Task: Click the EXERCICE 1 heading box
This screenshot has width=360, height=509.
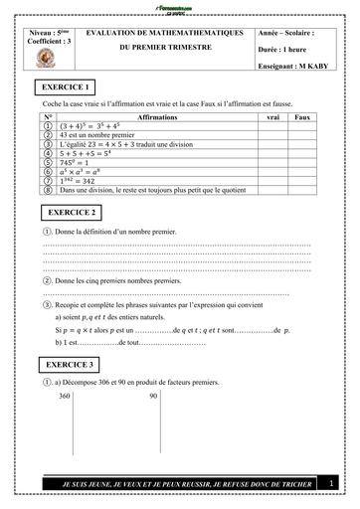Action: coord(67,87)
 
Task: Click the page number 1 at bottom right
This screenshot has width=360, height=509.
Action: coord(331,483)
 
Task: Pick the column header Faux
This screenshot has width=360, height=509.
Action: coord(303,117)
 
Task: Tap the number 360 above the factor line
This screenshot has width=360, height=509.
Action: coord(66,395)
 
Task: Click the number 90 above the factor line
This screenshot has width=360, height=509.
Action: coord(153,395)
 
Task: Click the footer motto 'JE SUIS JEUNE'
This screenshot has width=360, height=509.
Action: coord(175,484)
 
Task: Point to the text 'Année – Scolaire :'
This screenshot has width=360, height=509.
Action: coord(285,32)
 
